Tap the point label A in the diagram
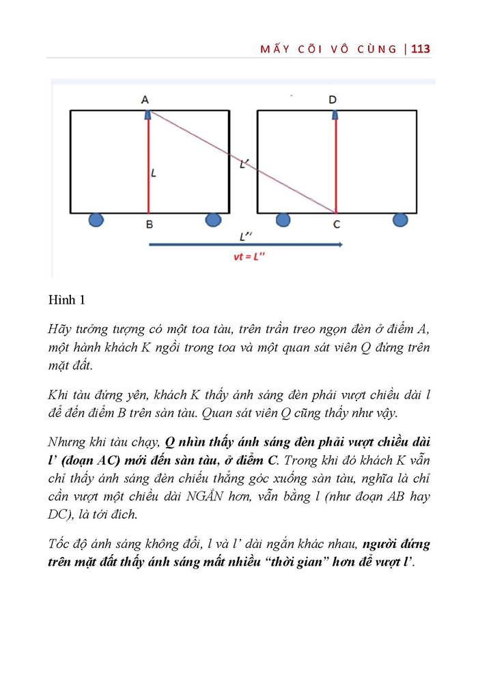coord(145,100)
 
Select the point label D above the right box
coord(333,100)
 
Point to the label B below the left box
coord(149,223)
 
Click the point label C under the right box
coord(336,223)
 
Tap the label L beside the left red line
coord(154,173)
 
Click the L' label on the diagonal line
coord(244,164)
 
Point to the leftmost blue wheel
coord(97,220)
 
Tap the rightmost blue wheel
coord(401,220)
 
